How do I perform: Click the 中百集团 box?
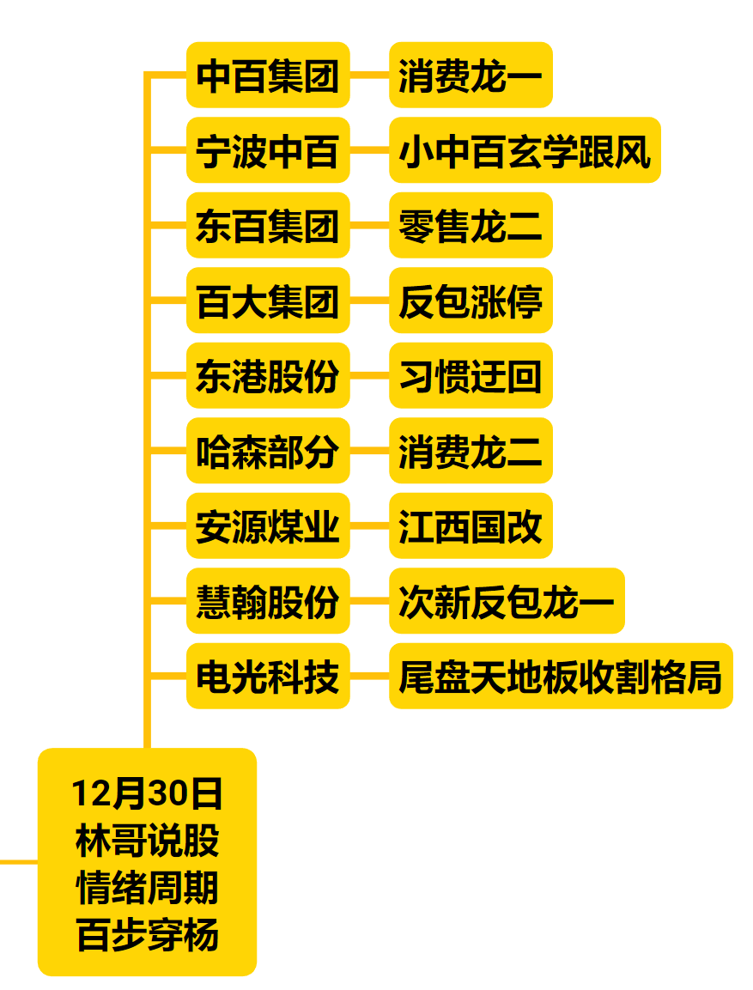click(268, 76)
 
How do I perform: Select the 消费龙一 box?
click(470, 76)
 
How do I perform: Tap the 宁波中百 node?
click(268, 150)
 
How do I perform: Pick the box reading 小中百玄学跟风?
click(524, 150)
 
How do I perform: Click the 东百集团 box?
click(268, 226)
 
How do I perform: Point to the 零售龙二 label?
click(470, 226)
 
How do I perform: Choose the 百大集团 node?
click(268, 301)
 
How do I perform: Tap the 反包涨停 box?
click(470, 301)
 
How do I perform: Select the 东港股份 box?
click(268, 376)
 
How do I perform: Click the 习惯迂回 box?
click(470, 376)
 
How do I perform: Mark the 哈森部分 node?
click(268, 451)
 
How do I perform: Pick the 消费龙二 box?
click(470, 451)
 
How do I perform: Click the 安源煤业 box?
click(268, 526)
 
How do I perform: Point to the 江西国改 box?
click(470, 526)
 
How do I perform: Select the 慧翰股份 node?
click(268, 601)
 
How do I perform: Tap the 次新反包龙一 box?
click(506, 601)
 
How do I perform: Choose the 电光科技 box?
click(268, 677)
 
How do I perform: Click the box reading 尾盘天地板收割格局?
click(560, 677)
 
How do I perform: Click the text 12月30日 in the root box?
click(147, 793)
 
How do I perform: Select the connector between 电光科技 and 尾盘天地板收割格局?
click(369, 677)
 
